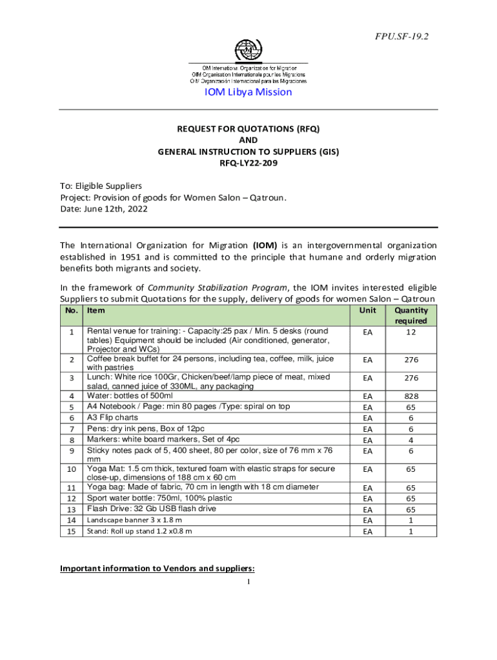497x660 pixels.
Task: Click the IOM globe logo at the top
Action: [x=248, y=49]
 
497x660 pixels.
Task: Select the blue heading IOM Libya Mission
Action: [x=249, y=92]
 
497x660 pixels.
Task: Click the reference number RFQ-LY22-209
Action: [x=249, y=163]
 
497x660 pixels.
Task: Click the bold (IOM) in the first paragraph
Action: [x=265, y=246]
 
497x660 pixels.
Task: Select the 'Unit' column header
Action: [x=368, y=310]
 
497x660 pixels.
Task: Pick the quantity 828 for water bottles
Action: [x=411, y=396]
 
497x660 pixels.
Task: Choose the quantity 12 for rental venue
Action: [x=411, y=333]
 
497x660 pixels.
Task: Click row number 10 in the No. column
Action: [x=72, y=470]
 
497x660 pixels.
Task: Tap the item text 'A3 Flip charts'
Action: [x=113, y=418]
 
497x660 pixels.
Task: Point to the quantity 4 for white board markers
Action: [x=411, y=440]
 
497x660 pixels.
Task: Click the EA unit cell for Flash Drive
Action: [x=368, y=509]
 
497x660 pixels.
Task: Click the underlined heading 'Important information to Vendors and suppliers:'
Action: [x=157, y=568]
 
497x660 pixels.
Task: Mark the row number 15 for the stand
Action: [x=72, y=531]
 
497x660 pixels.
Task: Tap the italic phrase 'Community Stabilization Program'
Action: [x=216, y=287]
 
